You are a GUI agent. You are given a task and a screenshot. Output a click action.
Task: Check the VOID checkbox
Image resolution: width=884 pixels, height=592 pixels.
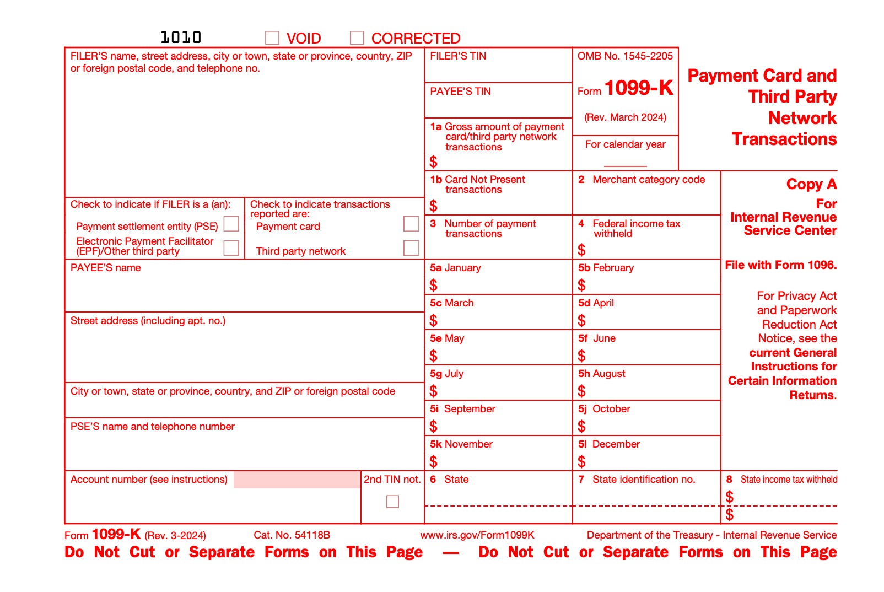[x=272, y=37]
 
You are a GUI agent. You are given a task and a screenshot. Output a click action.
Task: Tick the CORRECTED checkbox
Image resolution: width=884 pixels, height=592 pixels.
[x=357, y=37]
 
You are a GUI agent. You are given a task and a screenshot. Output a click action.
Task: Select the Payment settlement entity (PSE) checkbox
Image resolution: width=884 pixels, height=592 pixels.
[x=231, y=224]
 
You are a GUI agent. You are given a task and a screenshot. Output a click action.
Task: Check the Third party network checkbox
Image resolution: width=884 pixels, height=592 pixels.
[x=411, y=248]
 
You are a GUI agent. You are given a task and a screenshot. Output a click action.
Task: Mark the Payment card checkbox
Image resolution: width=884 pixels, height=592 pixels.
[x=411, y=224]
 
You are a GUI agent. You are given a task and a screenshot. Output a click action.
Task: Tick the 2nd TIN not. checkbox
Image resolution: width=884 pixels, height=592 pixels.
[x=392, y=502]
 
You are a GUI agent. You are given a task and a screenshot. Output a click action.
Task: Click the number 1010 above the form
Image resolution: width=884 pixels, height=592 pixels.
[x=181, y=37]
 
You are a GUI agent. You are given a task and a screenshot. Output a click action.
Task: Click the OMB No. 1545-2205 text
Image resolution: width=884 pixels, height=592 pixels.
[x=625, y=56]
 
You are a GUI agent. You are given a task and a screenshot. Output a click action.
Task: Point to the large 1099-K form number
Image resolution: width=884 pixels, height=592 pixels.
[x=639, y=88]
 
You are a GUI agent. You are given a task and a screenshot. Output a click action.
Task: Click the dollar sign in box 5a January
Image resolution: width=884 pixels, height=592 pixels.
[x=434, y=285]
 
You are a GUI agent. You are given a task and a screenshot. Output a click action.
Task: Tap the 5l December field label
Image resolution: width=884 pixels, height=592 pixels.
[x=609, y=444]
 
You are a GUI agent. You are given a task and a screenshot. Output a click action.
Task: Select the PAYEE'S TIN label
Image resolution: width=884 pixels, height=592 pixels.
[x=460, y=92]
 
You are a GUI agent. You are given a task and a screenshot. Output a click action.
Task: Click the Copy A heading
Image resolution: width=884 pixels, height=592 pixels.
[x=811, y=184]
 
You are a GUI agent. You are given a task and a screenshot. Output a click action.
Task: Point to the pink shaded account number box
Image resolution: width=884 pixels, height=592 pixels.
[x=297, y=480]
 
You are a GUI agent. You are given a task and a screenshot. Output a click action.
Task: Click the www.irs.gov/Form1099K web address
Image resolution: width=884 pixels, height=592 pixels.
[x=477, y=535]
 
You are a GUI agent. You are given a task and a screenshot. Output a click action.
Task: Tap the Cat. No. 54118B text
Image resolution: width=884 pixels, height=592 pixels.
[x=292, y=535]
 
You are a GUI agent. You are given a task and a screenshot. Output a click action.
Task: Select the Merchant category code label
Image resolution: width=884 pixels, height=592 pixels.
[x=648, y=180]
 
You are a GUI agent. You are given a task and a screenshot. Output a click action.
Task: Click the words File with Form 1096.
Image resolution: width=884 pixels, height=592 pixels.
[x=780, y=265]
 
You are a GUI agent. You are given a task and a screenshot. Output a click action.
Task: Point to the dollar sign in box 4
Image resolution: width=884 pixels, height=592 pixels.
[x=582, y=250]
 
